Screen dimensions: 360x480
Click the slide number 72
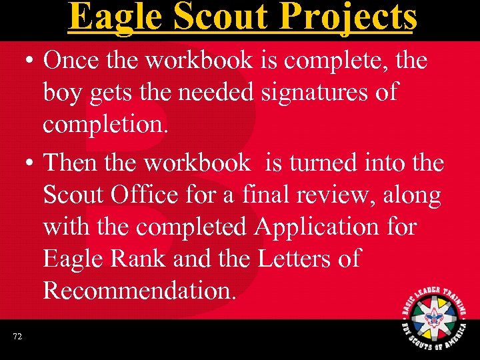[x=17, y=337]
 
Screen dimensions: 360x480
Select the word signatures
[x=319, y=93]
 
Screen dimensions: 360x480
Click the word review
[x=352, y=195]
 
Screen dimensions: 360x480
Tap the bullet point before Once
[x=29, y=61]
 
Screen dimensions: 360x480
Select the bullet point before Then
[x=29, y=163]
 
